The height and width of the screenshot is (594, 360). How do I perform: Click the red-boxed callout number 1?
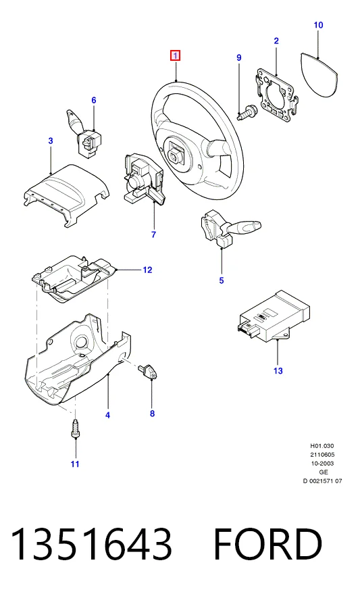tap(175, 55)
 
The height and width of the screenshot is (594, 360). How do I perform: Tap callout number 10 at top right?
tap(318, 25)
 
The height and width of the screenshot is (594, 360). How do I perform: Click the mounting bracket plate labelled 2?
tap(276, 95)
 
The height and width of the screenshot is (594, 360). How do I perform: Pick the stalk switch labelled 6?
tap(85, 134)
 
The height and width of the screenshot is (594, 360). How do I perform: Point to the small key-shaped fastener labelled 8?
tap(149, 371)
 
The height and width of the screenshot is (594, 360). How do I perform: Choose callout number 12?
tap(147, 270)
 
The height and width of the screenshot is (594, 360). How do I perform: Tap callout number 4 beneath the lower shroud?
tap(107, 415)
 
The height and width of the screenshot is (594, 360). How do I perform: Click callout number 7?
tap(153, 234)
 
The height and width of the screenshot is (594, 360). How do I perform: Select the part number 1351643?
tap(92, 544)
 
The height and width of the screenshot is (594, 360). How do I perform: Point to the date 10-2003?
tap(322, 464)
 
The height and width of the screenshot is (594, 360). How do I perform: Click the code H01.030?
tap(322, 446)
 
